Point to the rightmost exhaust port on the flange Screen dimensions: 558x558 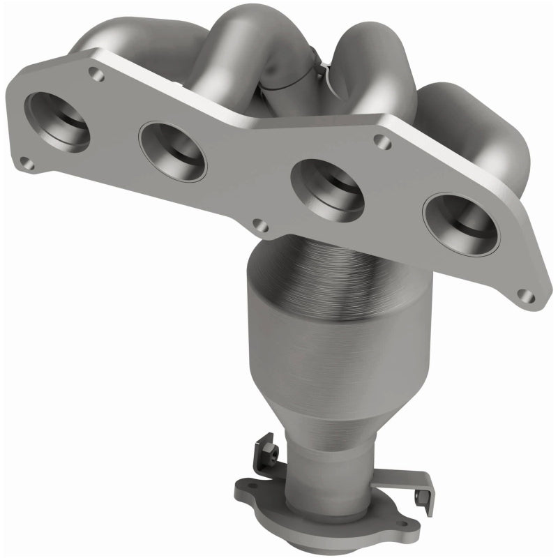460,223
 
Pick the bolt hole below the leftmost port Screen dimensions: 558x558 26,164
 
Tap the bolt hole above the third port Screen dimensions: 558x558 381,142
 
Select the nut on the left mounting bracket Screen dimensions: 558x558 269,453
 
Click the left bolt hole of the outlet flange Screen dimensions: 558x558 252,486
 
